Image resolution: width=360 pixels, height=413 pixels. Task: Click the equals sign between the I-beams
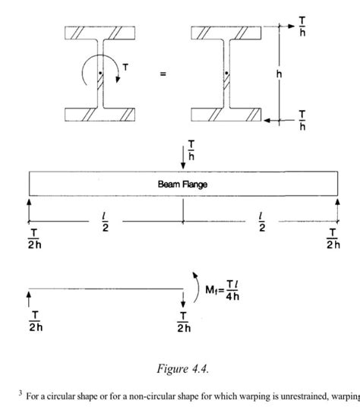(163, 74)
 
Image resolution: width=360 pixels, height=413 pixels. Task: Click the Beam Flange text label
(183, 183)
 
